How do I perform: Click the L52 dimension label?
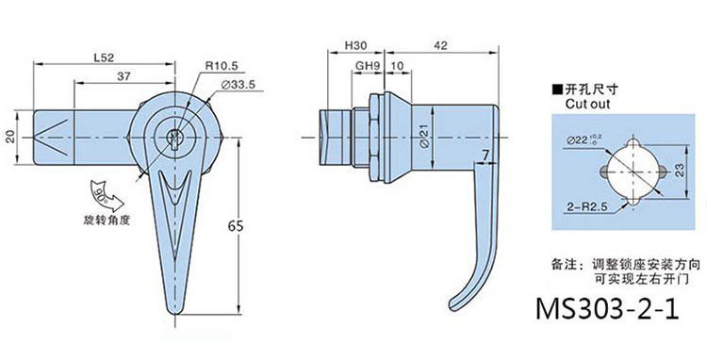point(104,57)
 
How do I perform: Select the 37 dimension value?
point(123,76)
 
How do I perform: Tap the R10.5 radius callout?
point(222,66)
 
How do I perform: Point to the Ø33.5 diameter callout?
point(238,84)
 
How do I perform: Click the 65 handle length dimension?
point(235,226)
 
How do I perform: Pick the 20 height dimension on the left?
point(10,137)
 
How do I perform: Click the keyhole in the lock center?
point(174,137)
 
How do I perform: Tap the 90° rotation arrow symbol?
point(105,197)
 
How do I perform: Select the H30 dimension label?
point(355,45)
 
